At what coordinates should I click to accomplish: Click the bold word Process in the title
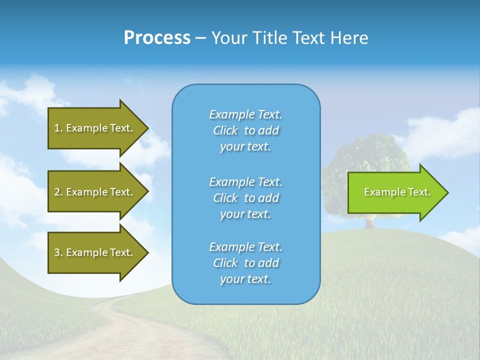tap(157, 38)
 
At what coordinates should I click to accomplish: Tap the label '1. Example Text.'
tap(93, 128)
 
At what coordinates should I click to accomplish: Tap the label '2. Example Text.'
tap(93, 192)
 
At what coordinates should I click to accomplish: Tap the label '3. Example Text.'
tap(93, 252)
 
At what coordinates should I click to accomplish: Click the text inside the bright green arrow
tap(397, 192)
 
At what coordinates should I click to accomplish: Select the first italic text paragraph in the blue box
tap(245, 130)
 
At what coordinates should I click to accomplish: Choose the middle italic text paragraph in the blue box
tap(245, 198)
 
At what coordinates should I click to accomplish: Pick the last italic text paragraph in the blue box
tap(245, 263)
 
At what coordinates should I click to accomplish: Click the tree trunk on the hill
tap(369, 222)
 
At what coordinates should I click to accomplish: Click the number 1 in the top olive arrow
tap(57, 128)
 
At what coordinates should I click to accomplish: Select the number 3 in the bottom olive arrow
tap(57, 252)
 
